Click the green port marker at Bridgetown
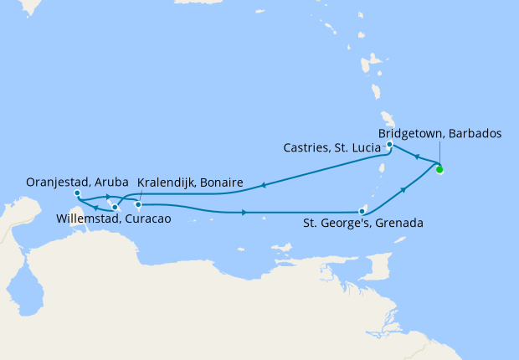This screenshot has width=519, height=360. [x=439, y=170]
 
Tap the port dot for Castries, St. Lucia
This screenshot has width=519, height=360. [x=390, y=145]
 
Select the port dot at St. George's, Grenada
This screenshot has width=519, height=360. [x=361, y=211]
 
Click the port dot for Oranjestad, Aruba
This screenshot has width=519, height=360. [x=77, y=193]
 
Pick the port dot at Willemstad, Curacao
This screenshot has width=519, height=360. [x=115, y=206]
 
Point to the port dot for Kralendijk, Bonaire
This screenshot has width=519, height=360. [x=139, y=204]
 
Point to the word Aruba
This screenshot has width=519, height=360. [x=110, y=182]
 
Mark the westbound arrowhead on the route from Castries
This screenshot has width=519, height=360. [x=264, y=186]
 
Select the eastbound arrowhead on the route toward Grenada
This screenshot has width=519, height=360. [x=244, y=213]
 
